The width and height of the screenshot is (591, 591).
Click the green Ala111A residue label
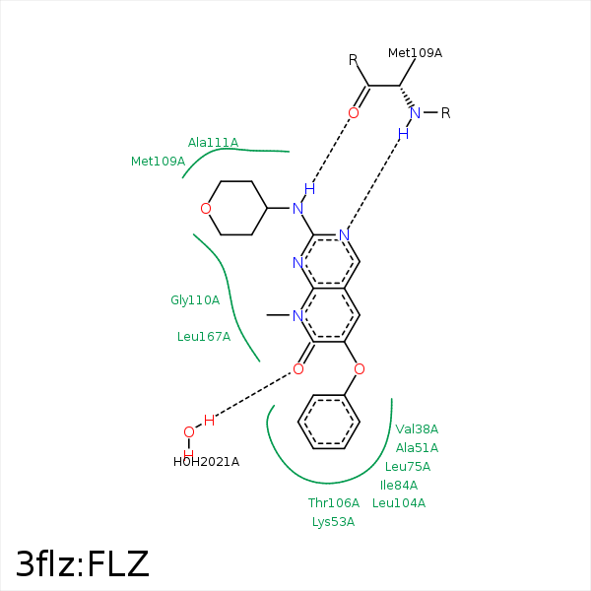[213, 143]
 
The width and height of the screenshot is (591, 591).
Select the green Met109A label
[158, 161]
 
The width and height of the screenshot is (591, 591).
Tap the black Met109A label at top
[415, 53]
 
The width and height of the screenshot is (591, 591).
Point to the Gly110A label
[195, 300]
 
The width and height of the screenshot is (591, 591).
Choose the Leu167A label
[204, 337]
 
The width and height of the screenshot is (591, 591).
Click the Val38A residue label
[417, 429]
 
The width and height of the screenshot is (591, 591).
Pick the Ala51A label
[417, 448]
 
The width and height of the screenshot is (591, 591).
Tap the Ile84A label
[399, 486]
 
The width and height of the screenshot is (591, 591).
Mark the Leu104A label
[399, 503]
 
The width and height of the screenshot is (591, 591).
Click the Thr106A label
[334, 503]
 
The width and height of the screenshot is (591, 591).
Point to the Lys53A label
[333, 522]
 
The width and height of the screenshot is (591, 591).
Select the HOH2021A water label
[206, 462]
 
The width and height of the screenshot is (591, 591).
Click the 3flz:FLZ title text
[83, 563]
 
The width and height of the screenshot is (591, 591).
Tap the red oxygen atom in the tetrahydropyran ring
[205, 209]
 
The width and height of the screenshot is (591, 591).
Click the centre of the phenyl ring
[329, 423]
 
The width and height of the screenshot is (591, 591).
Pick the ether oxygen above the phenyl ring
[359, 369]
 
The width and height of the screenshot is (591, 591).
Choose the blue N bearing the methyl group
[296, 316]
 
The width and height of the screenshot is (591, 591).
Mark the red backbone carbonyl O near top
[353, 113]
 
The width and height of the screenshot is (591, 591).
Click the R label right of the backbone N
[445, 113]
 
